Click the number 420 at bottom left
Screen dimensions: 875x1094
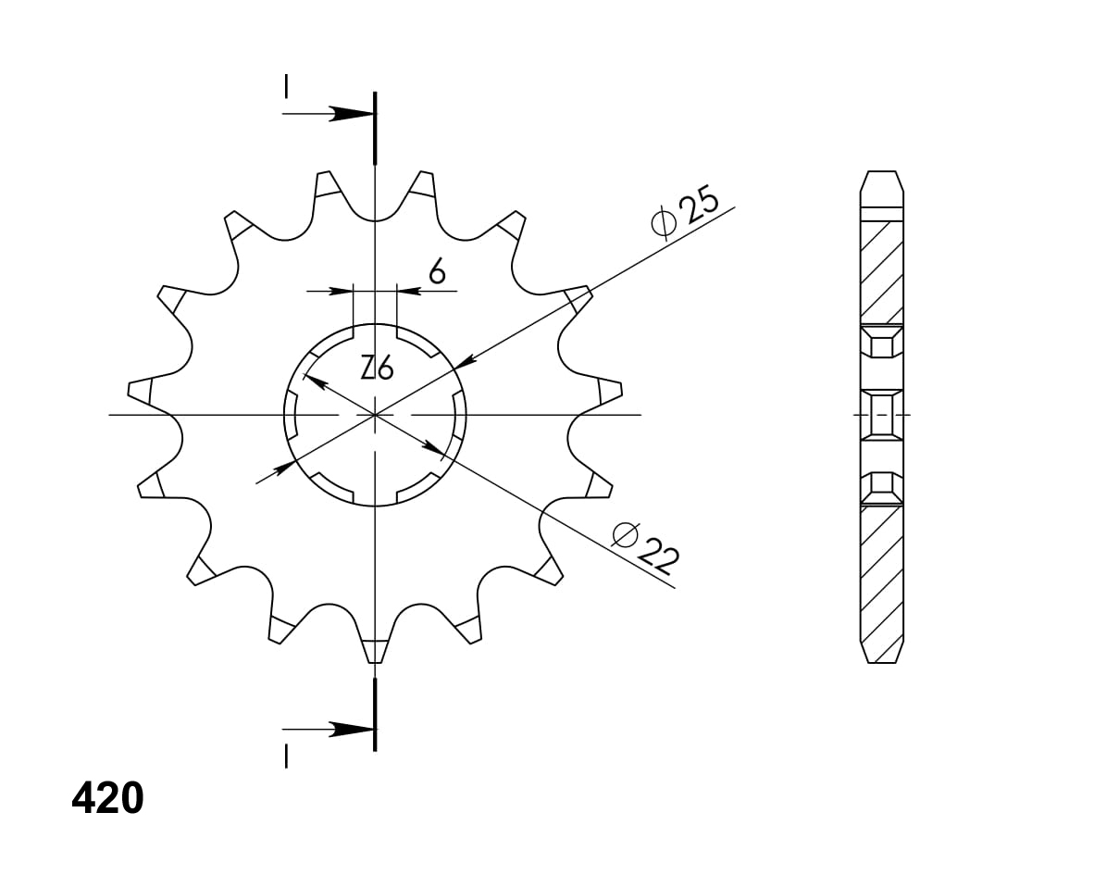tap(107, 798)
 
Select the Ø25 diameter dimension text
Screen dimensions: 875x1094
tap(686, 214)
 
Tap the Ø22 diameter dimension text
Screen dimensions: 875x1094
tap(647, 547)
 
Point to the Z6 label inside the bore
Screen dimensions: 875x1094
tap(377, 369)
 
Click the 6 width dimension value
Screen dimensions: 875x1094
tap(437, 272)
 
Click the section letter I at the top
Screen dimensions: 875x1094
tap(287, 87)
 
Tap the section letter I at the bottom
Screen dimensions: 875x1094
tap(287, 756)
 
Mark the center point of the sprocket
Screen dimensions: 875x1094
tap(375, 415)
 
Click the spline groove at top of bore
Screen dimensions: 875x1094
tap(375, 330)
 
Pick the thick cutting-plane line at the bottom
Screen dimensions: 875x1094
tap(375, 714)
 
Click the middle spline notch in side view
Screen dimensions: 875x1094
tap(881, 414)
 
